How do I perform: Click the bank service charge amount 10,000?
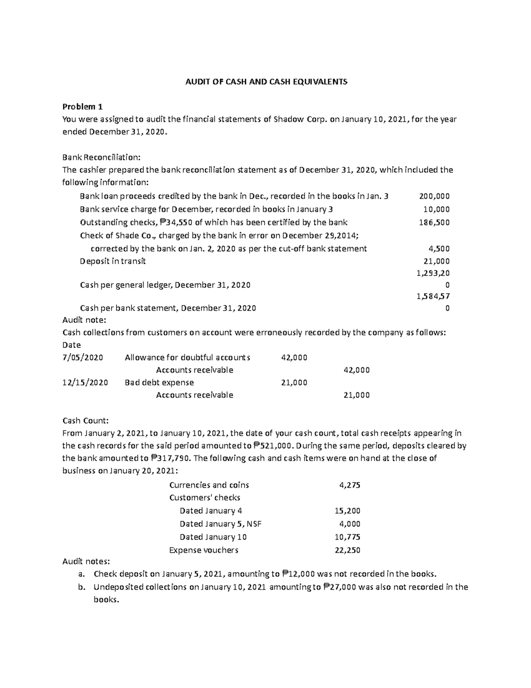[436, 209]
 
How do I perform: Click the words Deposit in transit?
[113, 261]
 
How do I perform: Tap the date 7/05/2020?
[83, 357]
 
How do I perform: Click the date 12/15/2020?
[85, 382]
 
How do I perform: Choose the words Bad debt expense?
[159, 382]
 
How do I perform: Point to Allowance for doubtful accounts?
[188, 357]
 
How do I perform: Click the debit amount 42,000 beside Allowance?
[294, 357]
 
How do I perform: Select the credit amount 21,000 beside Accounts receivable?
[357, 395]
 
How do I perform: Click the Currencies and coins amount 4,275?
[350, 485]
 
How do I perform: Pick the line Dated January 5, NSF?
[220, 524]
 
